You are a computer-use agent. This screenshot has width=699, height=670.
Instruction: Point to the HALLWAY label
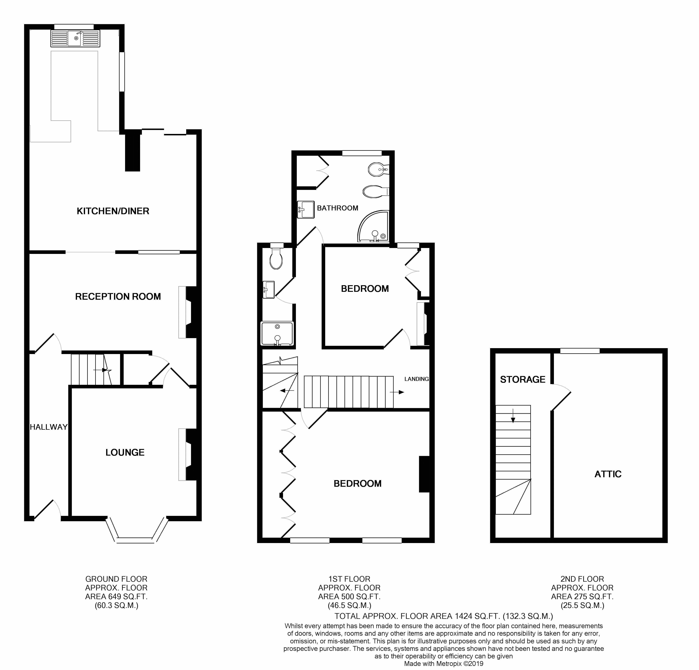pyautogui.click(x=48, y=427)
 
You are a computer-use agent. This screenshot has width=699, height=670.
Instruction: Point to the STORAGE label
pyautogui.click(x=522, y=379)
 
